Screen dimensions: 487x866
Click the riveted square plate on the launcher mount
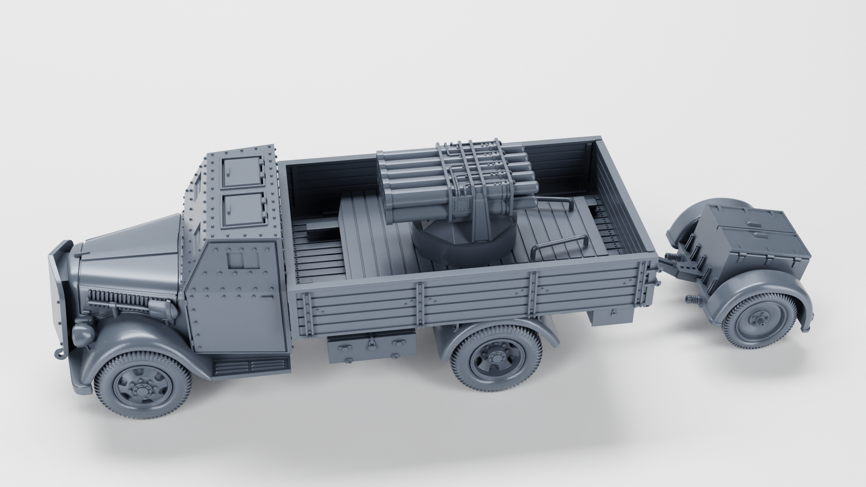click(x=461, y=206)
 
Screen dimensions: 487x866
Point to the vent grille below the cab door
click(x=250, y=365)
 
